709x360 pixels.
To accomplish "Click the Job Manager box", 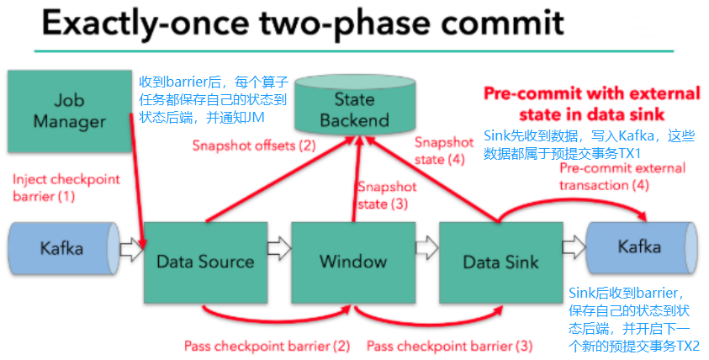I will pyautogui.click(x=69, y=111).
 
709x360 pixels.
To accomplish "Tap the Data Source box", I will pyautogui.click(x=205, y=261).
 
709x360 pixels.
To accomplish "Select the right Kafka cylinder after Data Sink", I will pyautogui.click(x=639, y=247).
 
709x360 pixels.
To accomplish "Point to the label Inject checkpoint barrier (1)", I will pyautogui.click(x=66, y=188).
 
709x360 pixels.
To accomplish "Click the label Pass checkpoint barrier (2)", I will pyautogui.click(x=267, y=346).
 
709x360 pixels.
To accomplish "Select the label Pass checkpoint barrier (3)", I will pyautogui.click(x=449, y=346).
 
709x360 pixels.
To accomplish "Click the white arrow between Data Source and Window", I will pyautogui.click(x=278, y=249).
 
